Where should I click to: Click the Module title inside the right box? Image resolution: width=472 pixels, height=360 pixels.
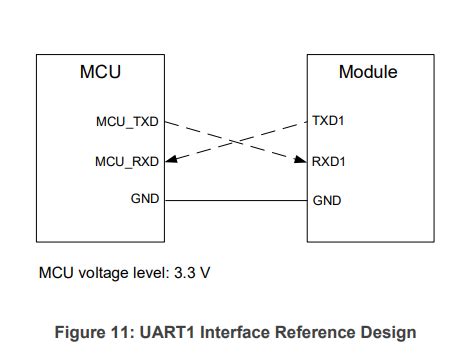[368, 72]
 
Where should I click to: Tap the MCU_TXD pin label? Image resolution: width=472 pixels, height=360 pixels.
[127, 122]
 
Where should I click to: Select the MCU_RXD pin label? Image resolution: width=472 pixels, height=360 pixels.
[127, 160]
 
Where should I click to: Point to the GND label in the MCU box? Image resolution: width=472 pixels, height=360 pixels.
[145, 199]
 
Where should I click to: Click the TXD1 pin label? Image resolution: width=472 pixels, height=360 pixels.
[329, 122]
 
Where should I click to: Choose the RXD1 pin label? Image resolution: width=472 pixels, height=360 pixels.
[329, 160]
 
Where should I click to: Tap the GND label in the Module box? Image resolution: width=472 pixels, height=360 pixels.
[327, 200]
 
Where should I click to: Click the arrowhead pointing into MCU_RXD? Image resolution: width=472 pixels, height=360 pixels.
[170, 159]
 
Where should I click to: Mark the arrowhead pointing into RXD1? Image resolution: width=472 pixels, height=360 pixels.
[301, 159]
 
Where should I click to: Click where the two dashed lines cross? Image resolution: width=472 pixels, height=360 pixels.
[236, 141]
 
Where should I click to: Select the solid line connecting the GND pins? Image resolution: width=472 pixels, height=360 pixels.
[236, 200]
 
